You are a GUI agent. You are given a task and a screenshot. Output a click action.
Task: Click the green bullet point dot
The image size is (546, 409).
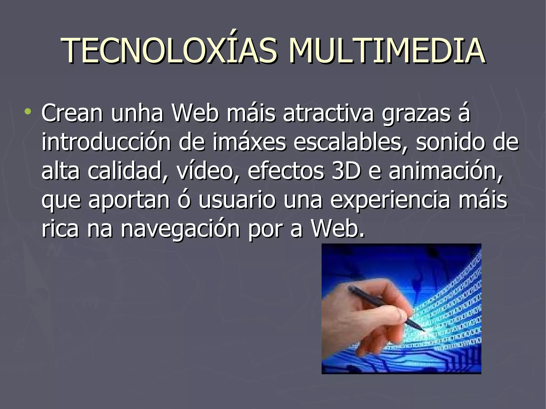27,111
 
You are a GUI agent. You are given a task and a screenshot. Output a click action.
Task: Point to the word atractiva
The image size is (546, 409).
328,114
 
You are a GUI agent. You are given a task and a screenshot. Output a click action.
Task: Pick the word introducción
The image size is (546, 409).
106,142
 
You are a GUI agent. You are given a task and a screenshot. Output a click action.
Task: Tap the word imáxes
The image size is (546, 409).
249,142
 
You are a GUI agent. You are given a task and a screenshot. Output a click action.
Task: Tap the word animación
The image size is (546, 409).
445,171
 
